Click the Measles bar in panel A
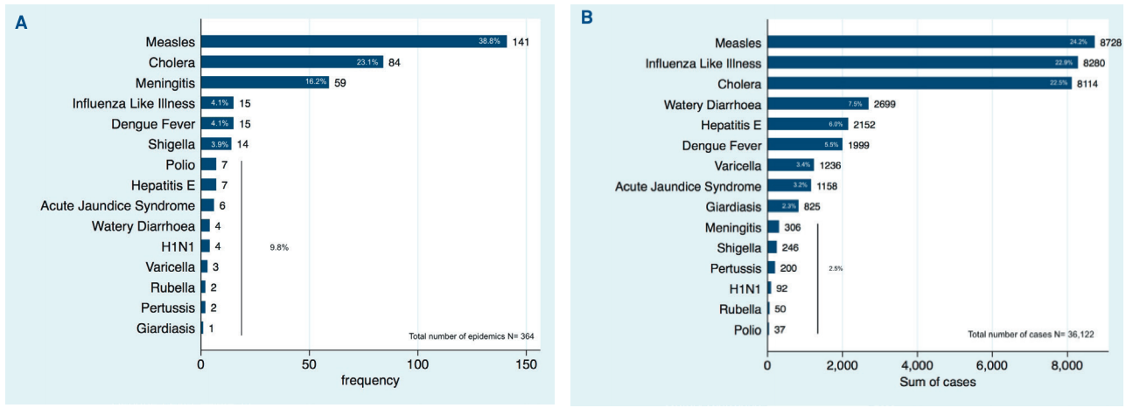pos(353,42)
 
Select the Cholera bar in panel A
pos(292,62)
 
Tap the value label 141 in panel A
pos(521,42)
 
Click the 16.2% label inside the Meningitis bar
pos(316,82)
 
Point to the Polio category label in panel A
pos(180,164)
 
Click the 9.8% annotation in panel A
pos(279,247)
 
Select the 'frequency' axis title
pos(370,380)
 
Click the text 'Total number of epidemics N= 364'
pos(472,336)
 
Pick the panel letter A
pos(21,23)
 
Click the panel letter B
pos(587,17)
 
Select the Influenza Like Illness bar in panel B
pos(923,63)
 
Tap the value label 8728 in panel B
pos(1110,43)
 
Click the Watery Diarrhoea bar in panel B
pos(818,104)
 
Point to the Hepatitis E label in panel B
pos(731,125)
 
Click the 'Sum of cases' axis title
pos(938,382)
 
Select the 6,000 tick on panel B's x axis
pos(992,365)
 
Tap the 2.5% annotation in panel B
pos(836,268)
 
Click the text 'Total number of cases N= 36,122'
pos(1031,335)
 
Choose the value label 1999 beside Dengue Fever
pos(858,145)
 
